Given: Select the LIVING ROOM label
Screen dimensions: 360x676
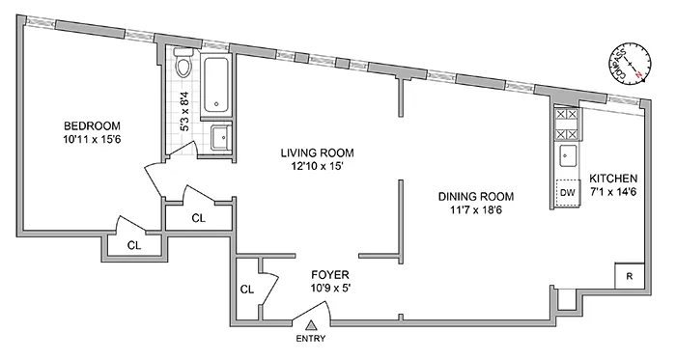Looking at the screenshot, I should pos(318,152).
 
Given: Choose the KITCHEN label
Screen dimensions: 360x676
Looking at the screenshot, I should pos(614,180).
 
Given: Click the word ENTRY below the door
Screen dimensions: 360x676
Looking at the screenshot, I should pos(312,339).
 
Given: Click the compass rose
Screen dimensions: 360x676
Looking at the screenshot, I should pos(630,63).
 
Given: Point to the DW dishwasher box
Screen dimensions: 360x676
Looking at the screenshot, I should pos(567,192).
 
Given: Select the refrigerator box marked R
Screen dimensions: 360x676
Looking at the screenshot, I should pos(629,276).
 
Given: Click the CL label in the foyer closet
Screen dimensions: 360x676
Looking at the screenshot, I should pos(246,289).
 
